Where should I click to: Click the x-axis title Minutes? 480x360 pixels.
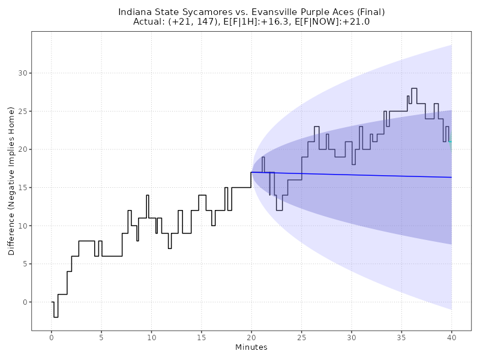coord(251,348)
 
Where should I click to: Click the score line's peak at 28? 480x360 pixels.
coord(414,88)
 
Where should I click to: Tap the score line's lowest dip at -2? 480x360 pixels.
coord(56,317)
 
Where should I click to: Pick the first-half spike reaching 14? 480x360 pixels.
coord(148,195)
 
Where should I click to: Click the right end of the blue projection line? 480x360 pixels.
coord(451,177)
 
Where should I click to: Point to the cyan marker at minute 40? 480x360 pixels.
coord(450,142)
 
